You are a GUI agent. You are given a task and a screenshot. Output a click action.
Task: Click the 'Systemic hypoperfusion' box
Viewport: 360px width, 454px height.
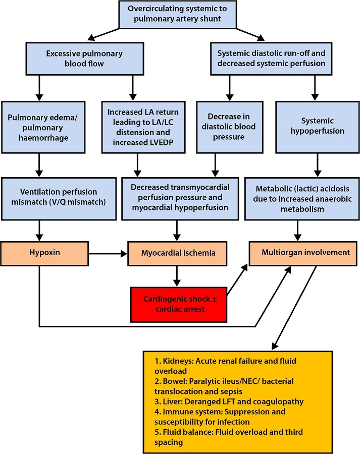tap(317, 128)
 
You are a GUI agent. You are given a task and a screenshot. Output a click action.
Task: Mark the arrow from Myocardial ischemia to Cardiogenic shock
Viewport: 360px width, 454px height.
tap(177, 275)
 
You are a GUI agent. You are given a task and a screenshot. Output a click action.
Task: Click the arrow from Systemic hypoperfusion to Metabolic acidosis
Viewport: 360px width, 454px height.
tap(317, 164)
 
